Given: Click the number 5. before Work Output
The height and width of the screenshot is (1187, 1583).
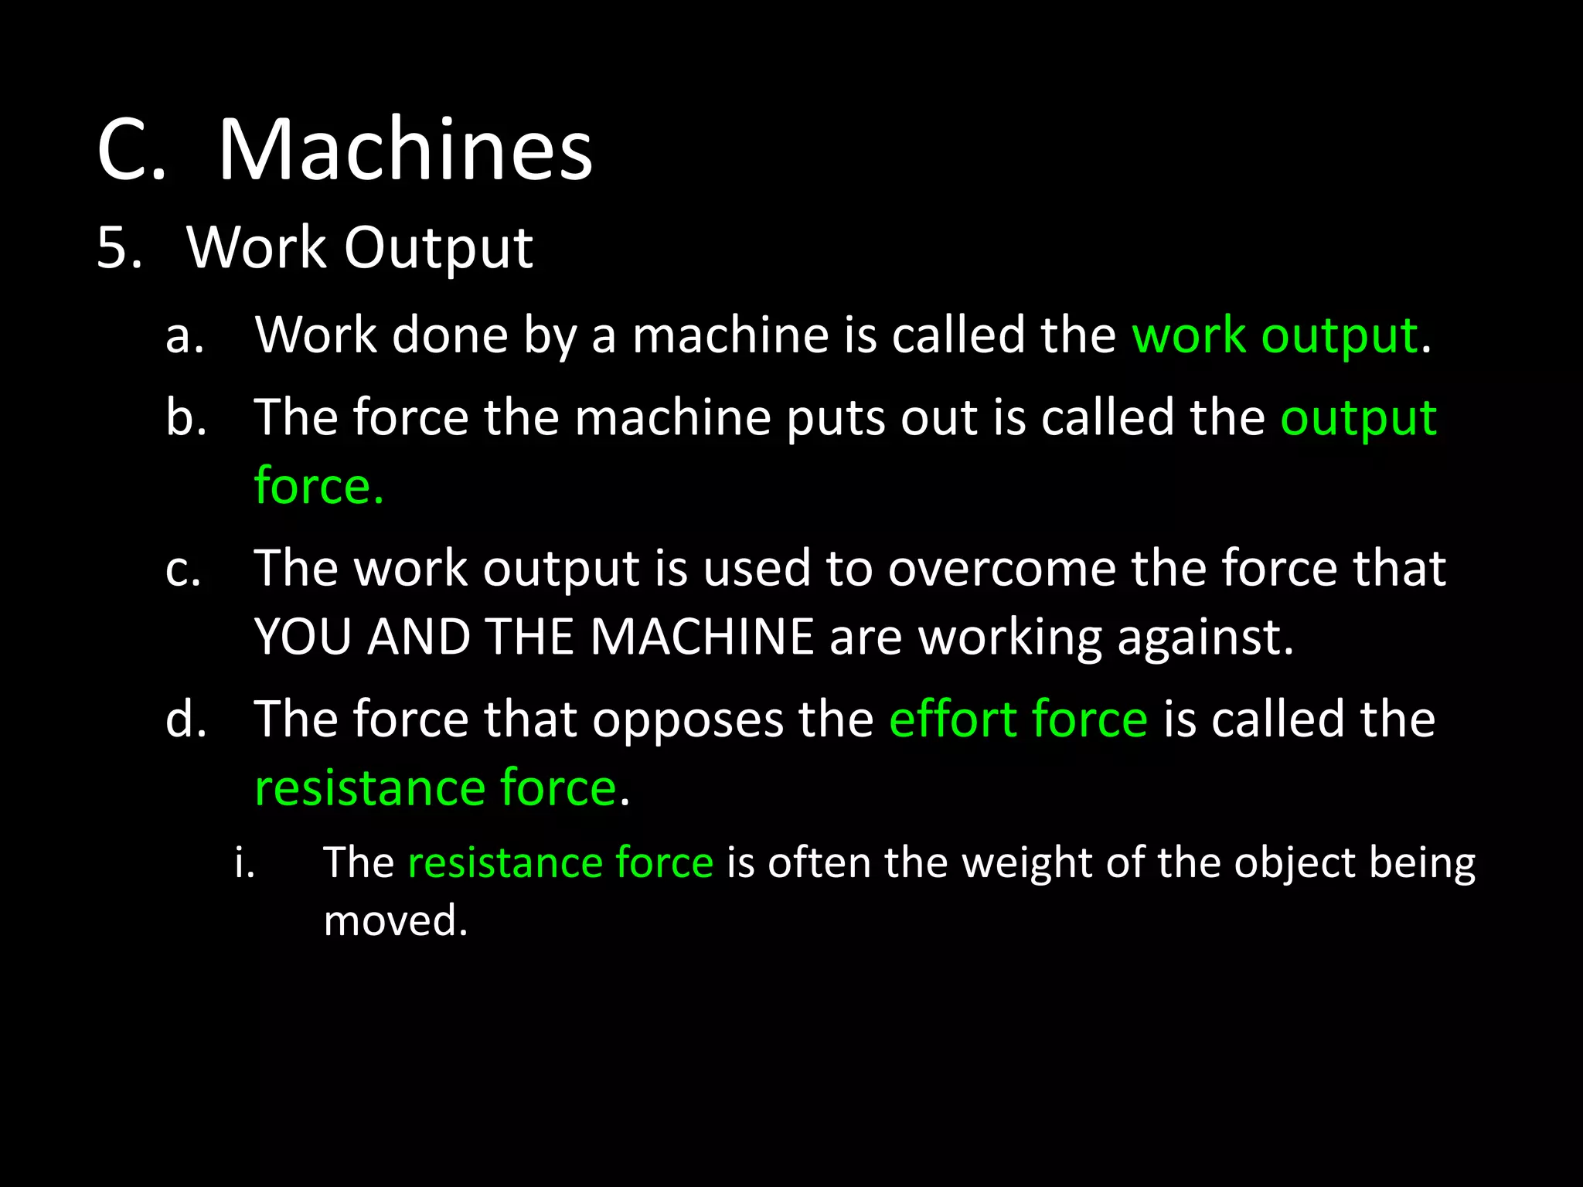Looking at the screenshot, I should [120, 248].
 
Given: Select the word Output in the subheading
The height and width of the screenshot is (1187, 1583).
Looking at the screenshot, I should [438, 250].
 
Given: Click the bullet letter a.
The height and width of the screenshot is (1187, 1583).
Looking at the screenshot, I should [185, 336].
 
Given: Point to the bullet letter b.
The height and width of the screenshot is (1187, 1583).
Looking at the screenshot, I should [186, 417].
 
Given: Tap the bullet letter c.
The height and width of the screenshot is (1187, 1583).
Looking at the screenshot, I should [184, 569].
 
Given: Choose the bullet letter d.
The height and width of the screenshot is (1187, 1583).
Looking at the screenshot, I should [186, 719].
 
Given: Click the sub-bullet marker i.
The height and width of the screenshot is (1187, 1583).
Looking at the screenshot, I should [244, 862].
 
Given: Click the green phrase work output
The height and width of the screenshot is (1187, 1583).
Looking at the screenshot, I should [1275, 337].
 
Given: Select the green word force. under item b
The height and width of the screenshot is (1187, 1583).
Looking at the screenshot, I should [318, 487].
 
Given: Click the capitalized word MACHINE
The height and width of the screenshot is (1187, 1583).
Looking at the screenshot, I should [702, 638].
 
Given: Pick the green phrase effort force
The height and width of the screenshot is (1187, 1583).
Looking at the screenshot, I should [1018, 719].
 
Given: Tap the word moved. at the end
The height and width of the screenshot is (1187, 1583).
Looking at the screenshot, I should [396, 920].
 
